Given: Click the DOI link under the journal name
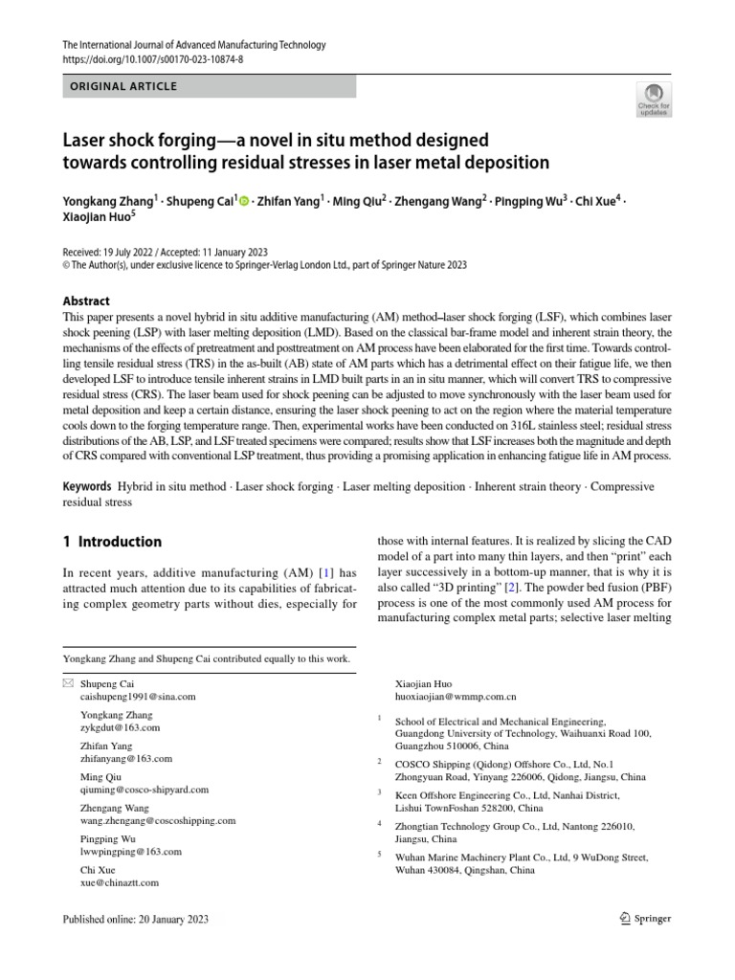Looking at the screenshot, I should tap(152, 59).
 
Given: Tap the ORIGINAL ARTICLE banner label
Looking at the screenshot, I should tap(123, 86).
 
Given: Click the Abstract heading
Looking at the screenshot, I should tap(86, 301).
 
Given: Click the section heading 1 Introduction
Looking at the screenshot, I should tap(112, 542).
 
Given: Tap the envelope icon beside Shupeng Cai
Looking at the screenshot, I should tap(66, 684).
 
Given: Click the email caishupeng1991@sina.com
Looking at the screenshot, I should tap(138, 698).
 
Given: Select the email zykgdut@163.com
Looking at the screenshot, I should tap(121, 727).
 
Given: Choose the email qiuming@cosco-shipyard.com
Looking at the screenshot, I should tap(145, 790).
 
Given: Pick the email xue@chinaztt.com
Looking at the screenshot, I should tap(120, 882).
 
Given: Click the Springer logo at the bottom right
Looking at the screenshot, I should tap(640, 919).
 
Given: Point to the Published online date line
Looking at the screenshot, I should tap(134, 920).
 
